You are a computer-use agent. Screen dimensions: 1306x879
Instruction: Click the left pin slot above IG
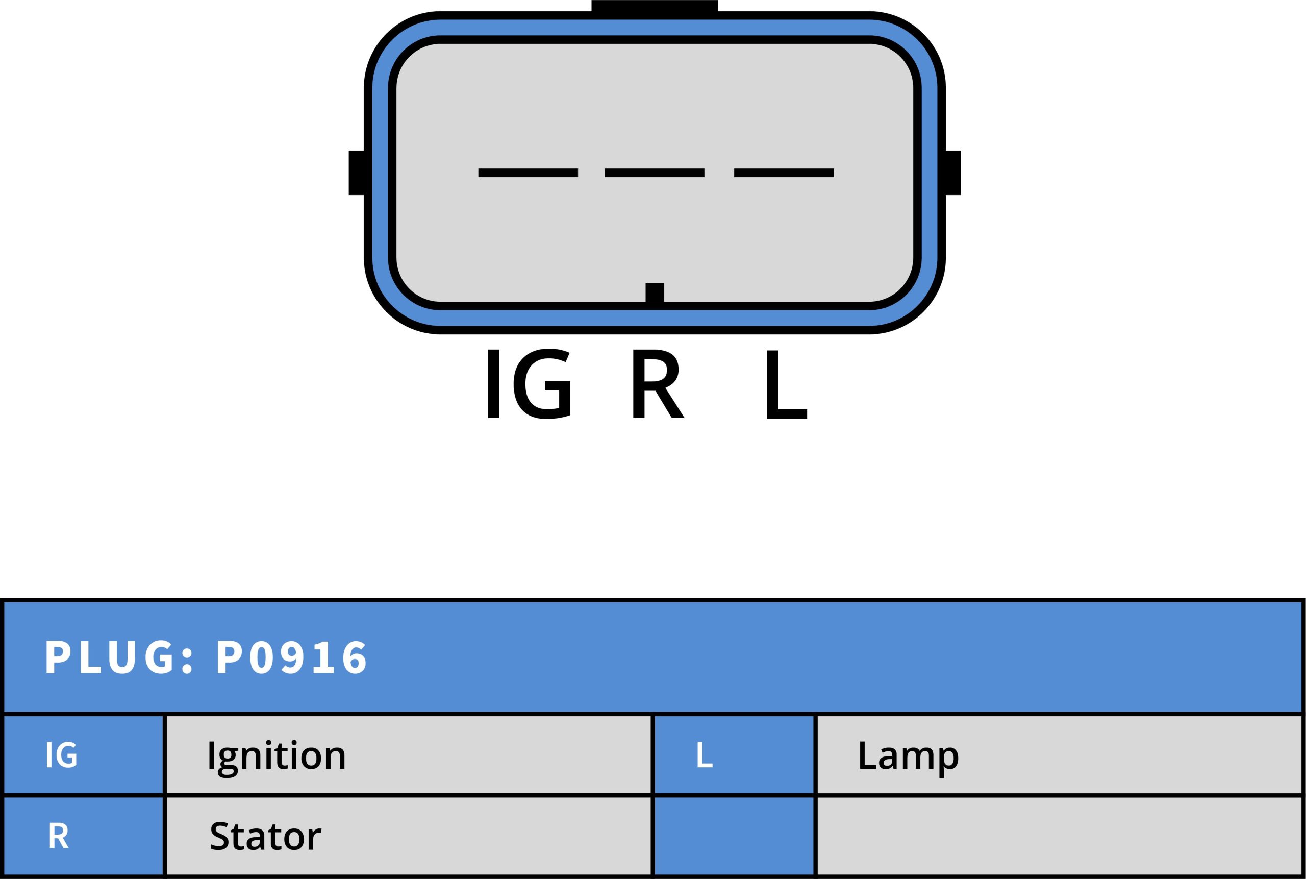(x=528, y=173)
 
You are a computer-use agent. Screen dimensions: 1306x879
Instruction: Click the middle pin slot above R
(x=655, y=173)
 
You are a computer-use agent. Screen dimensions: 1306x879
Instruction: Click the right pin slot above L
(x=784, y=173)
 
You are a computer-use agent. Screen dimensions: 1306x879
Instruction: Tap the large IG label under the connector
(x=529, y=383)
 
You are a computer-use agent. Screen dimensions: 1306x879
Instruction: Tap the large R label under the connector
(x=658, y=383)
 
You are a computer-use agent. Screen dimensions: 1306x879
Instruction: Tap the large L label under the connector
(x=787, y=384)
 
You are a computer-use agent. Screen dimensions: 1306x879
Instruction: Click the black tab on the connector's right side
(x=952, y=173)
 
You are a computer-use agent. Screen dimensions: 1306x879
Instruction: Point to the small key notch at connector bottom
(x=655, y=292)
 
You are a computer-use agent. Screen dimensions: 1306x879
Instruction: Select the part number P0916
(x=292, y=656)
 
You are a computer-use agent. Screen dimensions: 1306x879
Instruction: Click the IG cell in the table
(x=83, y=754)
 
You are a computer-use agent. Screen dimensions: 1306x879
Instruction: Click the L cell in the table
(x=734, y=754)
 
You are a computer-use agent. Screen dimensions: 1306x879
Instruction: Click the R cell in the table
(x=83, y=836)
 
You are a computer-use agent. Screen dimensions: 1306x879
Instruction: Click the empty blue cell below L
(x=734, y=836)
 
